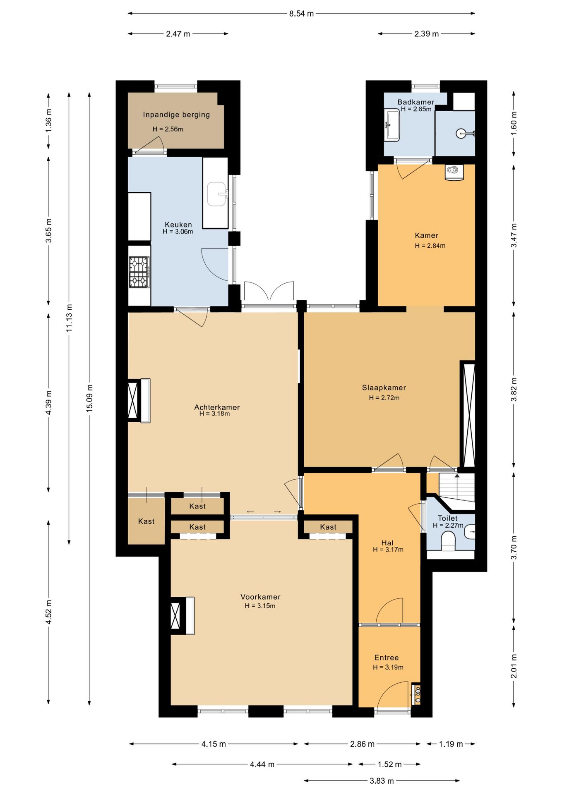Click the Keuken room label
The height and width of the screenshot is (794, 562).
(x=178, y=225)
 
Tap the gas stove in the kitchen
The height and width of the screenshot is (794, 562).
(x=139, y=272)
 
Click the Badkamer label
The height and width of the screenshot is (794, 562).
(x=416, y=102)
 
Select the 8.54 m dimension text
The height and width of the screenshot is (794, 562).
(x=301, y=14)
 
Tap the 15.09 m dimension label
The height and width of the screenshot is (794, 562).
(x=89, y=398)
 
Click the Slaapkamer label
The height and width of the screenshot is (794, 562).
(x=384, y=387)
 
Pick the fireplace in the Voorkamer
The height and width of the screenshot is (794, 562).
(x=183, y=616)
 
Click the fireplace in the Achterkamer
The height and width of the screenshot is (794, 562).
(x=139, y=401)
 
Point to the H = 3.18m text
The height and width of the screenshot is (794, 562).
(x=214, y=414)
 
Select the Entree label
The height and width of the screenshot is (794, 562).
(x=387, y=658)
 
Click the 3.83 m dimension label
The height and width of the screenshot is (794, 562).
(x=382, y=781)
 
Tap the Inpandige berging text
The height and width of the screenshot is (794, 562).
(x=176, y=115)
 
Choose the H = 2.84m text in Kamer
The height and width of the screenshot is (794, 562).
(x=430, y=246)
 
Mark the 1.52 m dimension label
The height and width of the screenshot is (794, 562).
(x=389, y=764)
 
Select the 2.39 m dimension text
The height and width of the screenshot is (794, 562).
(x=426, y=34)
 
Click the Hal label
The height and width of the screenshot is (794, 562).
(x=387, y=543)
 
